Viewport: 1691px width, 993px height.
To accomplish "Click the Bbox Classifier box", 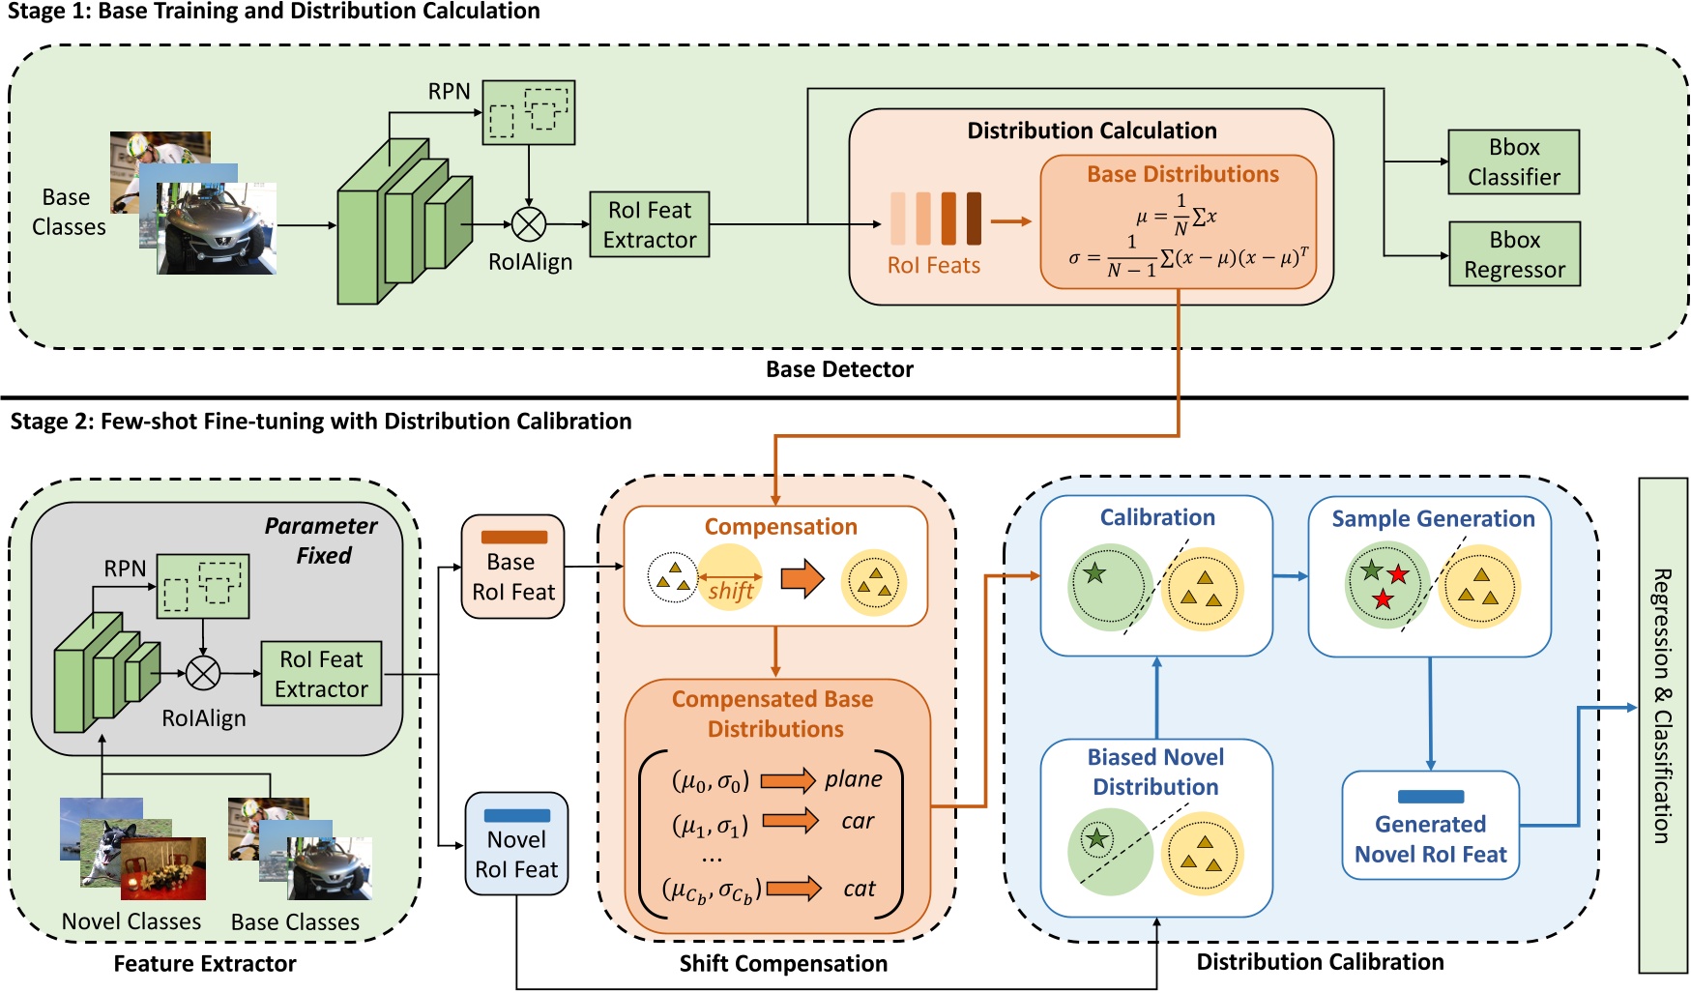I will tap(1513, 162).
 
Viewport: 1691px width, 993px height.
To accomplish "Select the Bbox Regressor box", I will tap(1514, 254).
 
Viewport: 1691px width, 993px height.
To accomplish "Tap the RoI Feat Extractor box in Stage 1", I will tap(649, 224).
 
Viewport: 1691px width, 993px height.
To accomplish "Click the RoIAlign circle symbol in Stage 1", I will tap(528, 224).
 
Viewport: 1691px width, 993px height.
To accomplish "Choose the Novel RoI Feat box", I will tap(516, 844).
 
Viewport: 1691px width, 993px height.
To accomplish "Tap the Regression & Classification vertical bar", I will tap(1662, 725).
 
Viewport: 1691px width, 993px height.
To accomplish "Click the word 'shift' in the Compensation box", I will tap(730, 591).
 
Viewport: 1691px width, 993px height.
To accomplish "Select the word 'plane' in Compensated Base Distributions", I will tap(853, 779).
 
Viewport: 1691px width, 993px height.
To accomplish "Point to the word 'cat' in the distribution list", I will tap(859, 889).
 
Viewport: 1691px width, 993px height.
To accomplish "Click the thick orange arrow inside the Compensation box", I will tap(802, 579).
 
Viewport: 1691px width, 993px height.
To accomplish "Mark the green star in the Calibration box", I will tap(1094, 573).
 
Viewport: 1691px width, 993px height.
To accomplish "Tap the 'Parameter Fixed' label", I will tap(322, 540).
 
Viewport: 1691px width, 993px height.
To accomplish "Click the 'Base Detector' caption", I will tap(839, 369).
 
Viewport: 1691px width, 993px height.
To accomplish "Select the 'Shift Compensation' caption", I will tap(783, 963).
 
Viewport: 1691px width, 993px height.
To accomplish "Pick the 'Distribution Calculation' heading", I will tap(1092, 131).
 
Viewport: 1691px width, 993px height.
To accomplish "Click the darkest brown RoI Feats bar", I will tap(974, 218).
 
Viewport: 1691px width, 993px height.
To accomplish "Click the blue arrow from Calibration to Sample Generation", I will tap(1290, 576).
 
